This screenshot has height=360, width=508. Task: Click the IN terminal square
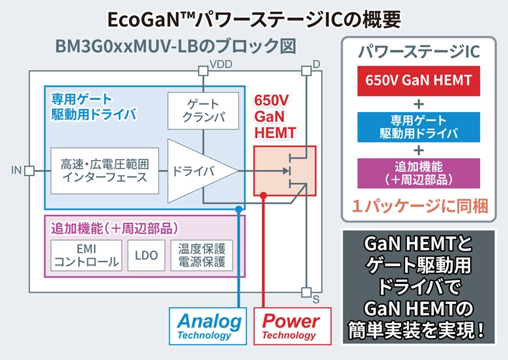click(x=29, y=171)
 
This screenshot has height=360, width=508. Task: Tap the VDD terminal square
click(x=203, y=70)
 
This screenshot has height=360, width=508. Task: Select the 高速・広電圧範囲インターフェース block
click(x=104, y=171)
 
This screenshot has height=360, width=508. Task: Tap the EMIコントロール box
click(x=86, y=255)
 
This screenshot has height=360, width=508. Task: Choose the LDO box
click(x=147, y=255)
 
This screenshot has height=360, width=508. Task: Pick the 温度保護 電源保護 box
click(x=201, y=255)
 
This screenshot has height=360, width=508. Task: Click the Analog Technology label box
click(x=209, y=326)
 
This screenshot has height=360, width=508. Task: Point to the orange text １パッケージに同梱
click(x=419, y=206)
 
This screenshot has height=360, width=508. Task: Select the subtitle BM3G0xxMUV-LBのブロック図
click(x=175, y=48)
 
